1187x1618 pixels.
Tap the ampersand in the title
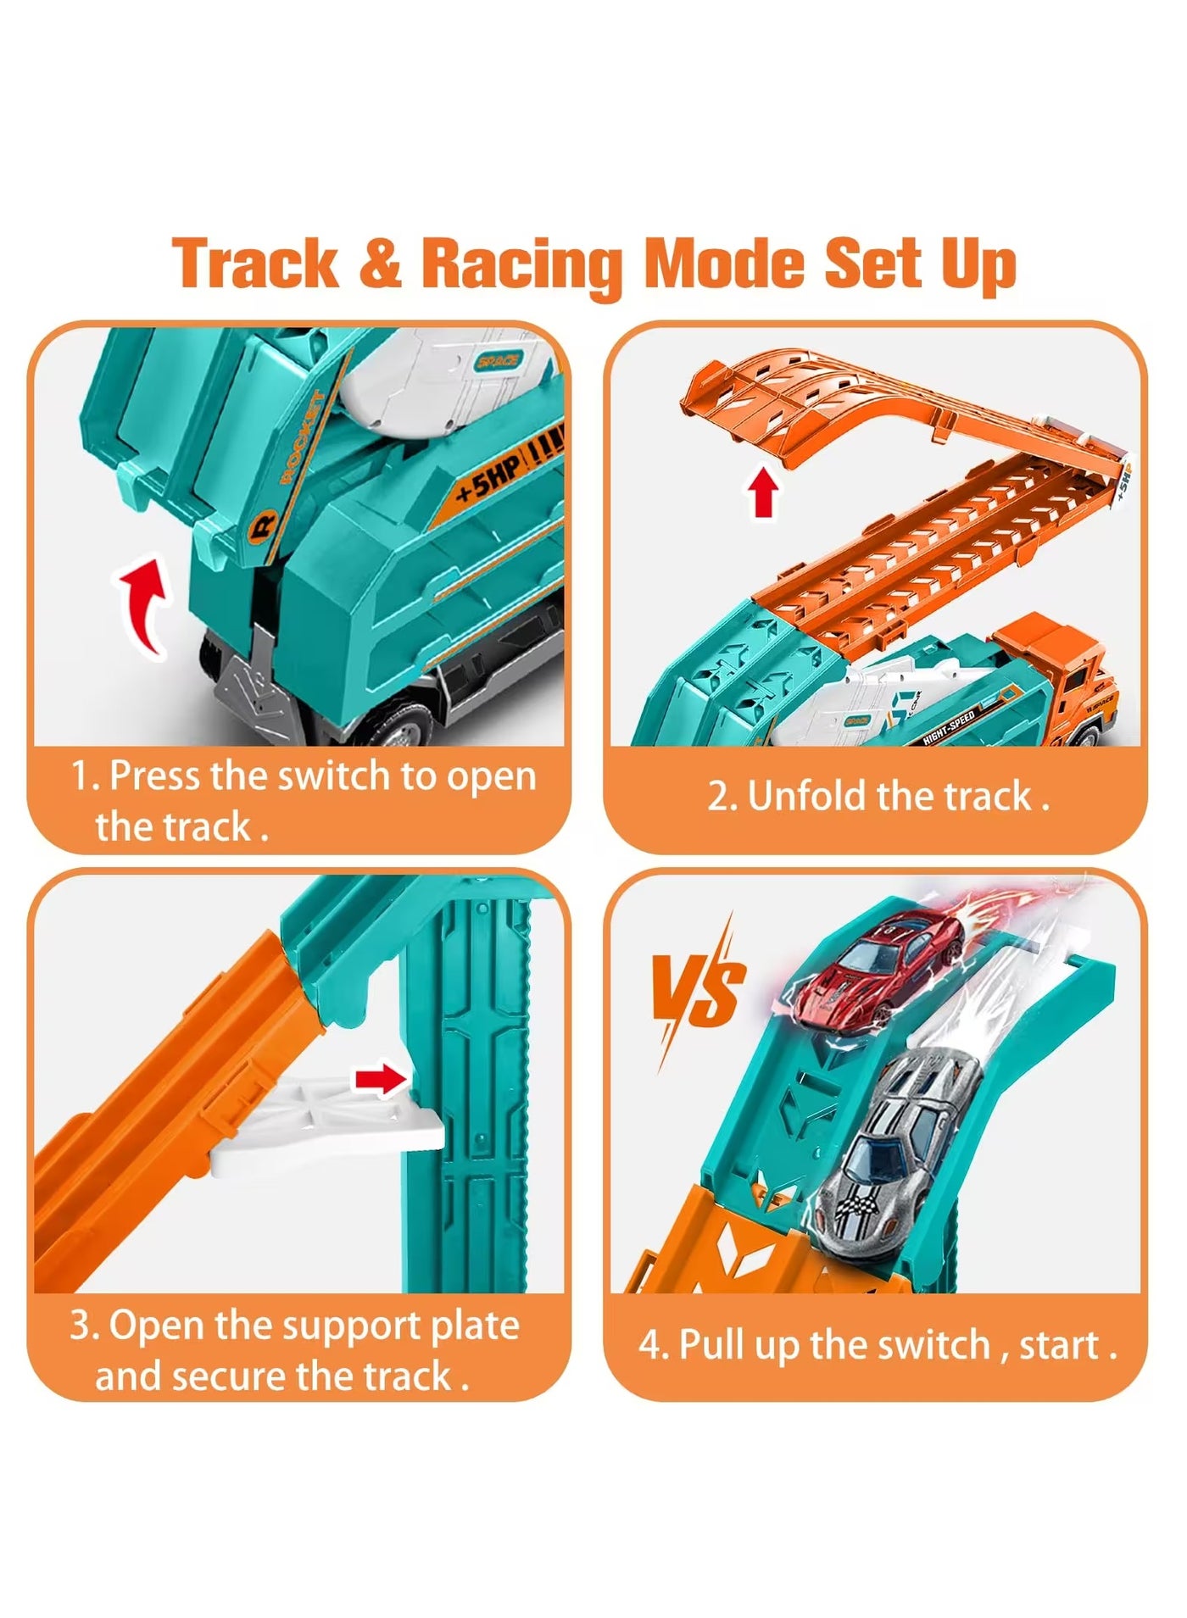[x=380, y=264]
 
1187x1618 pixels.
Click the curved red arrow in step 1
[x=144, y=601]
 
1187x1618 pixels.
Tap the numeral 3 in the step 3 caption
[x=81, y=1326]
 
